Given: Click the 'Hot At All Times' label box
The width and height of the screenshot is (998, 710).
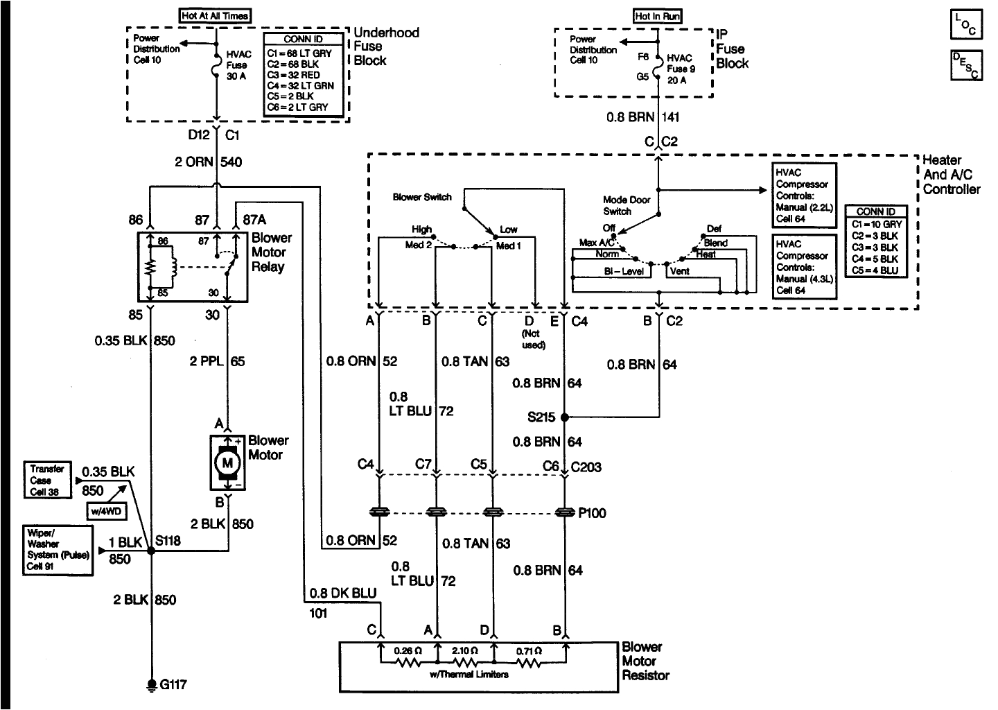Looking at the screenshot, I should (215, 15).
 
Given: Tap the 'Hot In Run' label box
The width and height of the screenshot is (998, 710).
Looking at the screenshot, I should (656, 16).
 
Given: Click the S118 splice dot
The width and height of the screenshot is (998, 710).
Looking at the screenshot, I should (150, 552).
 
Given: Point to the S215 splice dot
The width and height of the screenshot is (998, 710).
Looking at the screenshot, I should (565, 417).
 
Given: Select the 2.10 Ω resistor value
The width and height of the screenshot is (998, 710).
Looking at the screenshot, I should (465, 651).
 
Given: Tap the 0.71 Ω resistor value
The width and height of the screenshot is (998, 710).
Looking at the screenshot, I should (529, 651).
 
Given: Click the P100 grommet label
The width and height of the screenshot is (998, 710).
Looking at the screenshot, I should (591, 513).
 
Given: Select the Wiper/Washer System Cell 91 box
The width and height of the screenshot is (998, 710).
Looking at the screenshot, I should (56, 551).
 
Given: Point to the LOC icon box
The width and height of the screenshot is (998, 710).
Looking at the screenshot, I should (965, 25).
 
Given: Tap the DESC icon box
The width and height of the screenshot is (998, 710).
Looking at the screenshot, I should (965, 66).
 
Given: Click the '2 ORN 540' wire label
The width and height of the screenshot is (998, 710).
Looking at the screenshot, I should (209, 162).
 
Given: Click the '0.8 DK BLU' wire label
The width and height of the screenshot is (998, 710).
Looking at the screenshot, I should (343, 593).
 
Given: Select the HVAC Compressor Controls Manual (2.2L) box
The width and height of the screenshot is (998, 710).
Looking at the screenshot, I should (805, 196).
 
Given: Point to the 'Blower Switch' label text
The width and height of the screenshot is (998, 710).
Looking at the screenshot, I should (422, 198).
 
